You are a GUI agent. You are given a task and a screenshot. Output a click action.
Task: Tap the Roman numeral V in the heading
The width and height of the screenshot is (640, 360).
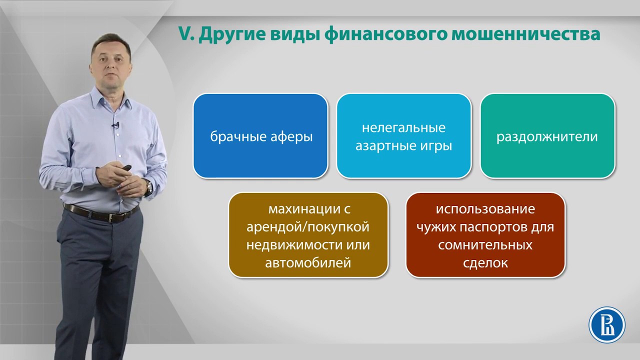point(185,34)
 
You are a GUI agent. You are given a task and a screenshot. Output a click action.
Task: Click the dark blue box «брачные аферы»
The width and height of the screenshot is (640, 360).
point(260,136)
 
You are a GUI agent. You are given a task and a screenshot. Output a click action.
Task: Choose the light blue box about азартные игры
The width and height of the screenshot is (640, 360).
point(404,136)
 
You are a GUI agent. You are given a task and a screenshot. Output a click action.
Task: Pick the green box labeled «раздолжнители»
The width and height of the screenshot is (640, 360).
point(547,136)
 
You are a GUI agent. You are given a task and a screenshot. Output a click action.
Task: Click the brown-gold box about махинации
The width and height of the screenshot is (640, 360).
point(308,235)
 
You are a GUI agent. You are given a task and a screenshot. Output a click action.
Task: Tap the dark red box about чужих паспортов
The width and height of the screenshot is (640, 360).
point(485,235)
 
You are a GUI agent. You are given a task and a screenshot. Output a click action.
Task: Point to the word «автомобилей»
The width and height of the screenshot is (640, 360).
point(308,262)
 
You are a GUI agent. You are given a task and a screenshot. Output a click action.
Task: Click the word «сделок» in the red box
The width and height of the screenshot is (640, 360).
point(485,263)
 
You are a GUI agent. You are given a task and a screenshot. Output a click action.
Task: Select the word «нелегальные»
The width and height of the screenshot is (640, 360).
point(403,127)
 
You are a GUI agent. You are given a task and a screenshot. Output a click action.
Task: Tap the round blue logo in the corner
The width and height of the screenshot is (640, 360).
point(607,325)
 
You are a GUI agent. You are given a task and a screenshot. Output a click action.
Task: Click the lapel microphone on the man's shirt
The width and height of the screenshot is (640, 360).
point(115,125)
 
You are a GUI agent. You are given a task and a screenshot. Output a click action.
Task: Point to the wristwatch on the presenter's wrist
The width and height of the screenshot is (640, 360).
point(149,187)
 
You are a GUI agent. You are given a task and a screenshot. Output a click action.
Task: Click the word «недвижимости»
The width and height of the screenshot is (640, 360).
point(293,245)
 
